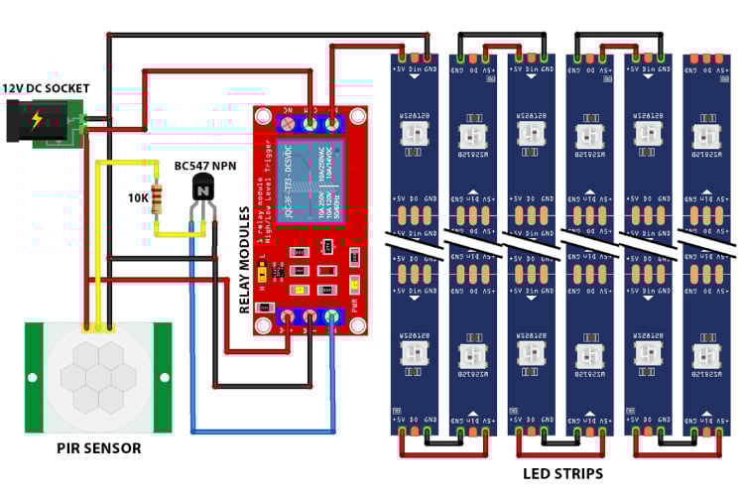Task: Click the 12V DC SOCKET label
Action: (46, 88)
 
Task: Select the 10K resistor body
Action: (155, 197)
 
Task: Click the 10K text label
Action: (138, 197)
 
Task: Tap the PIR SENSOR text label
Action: (98, 448)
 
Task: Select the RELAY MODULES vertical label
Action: (244, 260)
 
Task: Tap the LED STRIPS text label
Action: (562, 473)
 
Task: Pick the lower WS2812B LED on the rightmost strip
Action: (706, 355)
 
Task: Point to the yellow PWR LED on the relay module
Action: (353, 288)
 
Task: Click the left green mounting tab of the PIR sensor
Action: (34, 378)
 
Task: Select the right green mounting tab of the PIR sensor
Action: (162, 378)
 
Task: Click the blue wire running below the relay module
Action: (263, 432)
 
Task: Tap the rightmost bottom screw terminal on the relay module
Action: (331, 318)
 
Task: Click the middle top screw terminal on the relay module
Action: (310, 124)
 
